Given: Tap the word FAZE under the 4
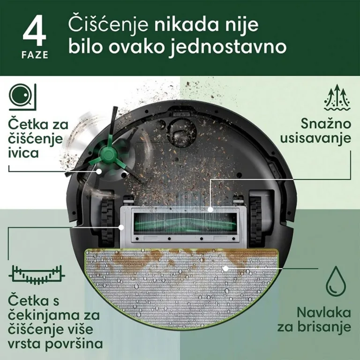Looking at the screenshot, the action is tap(35, 55).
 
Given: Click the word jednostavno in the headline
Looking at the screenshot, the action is tap(228, 47).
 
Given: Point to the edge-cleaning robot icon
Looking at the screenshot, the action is tap(22, 97).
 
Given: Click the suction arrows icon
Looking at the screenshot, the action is tap(337, 97).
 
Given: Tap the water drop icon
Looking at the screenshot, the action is tap(336, 281).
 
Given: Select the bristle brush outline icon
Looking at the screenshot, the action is tap(37, 274).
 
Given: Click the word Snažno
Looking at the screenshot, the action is tap(326, 124).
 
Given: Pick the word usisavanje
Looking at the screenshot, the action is tap(315, 138).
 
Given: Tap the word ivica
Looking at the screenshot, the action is tap(23, 153).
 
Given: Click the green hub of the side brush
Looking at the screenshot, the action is tap(107, 153).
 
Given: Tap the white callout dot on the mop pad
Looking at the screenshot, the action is tap(225, 268).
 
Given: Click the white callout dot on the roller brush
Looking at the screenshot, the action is tap(210, 210).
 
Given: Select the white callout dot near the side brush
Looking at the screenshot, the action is tap(99, 171).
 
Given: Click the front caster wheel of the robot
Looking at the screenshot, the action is tap(181, 133).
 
